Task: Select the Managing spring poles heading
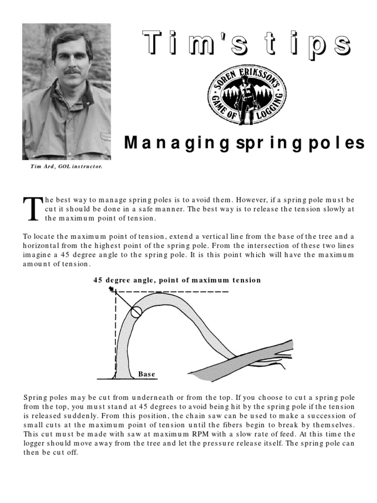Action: click(244, 143)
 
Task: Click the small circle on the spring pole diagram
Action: click(136, 311)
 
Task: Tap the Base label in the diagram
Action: click(146, 374)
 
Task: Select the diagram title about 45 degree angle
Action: click(177, 280)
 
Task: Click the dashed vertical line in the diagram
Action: click(115, 334)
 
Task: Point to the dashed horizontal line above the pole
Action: click(196, 292)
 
